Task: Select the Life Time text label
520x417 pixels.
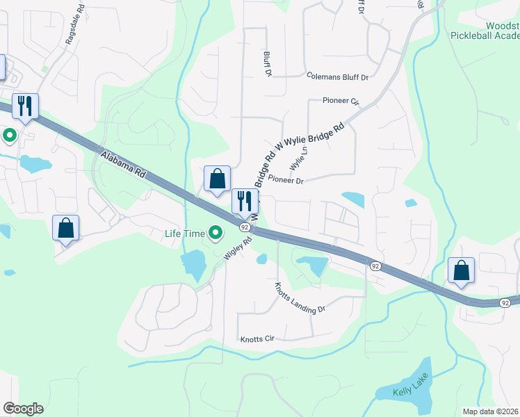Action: pyautogui.click(x=185, y=234)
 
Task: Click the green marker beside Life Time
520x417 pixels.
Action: pyautogui.click(x=216, y=233)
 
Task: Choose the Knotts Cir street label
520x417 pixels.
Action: pyautogui.click(x=258, y=339)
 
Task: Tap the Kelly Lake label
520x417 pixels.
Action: pyautogui.click(x=410, y=385)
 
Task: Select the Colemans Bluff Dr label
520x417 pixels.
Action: pyautogui.click(x=337, y=76)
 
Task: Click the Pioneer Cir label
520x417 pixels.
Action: pyautogui.click(x=341, y=101)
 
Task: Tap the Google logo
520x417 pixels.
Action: pyautogui.click(x=23, y=409)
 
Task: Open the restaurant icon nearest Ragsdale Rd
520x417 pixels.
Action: pyautogui.click(x=25, y=106)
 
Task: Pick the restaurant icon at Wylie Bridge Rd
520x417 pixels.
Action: pyautogui.click(x=245, y=202)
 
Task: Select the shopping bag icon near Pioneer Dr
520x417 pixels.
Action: pyautogui.click(x=217, y=179)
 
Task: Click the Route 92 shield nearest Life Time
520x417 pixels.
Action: pyautogui.click(x=245, y=227)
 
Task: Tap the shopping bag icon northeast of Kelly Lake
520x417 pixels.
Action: pyautogui.click(x=462, y=271)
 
